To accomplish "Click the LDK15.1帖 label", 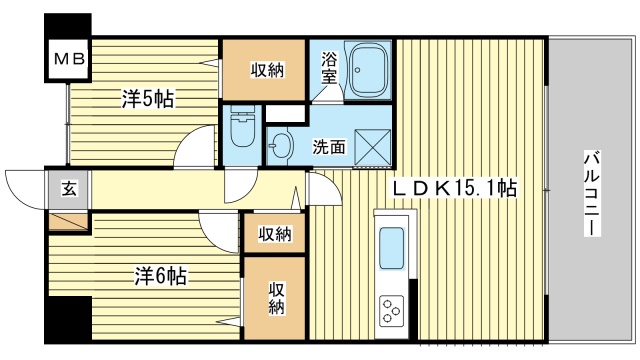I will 453,187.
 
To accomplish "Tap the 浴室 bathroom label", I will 329,72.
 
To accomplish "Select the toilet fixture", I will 241,131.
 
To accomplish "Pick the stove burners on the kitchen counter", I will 389,311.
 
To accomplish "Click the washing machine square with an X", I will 370,146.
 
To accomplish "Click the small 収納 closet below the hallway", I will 275,234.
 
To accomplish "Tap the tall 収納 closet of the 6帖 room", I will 275,297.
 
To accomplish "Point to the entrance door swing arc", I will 26,188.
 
